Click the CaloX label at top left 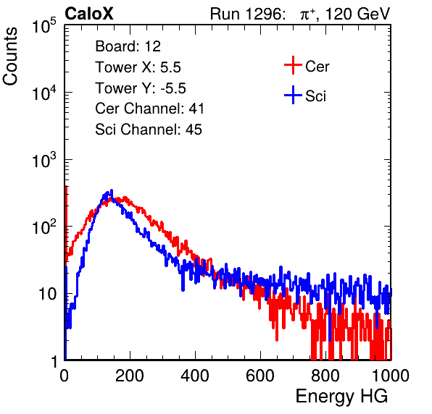click(89, 14)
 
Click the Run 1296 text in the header click(247, 14)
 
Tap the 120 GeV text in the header click(357, 14)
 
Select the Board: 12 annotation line click(128, 46)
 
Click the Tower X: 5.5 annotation click(138, 67)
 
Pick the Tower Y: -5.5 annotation click(141, 88)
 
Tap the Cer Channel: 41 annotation click(149, 109)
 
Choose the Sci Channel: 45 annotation click(149, 130)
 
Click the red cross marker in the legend click(293, 65)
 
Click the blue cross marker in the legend click(293, 96)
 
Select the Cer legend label click(317, 67)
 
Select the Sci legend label click(315, 96)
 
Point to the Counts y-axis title click(10, 56)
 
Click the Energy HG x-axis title click(341, 397)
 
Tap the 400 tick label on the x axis click(195, 376)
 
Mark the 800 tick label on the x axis click(325, 376)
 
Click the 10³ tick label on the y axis click(45, 159)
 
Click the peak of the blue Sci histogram click(112, 190)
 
